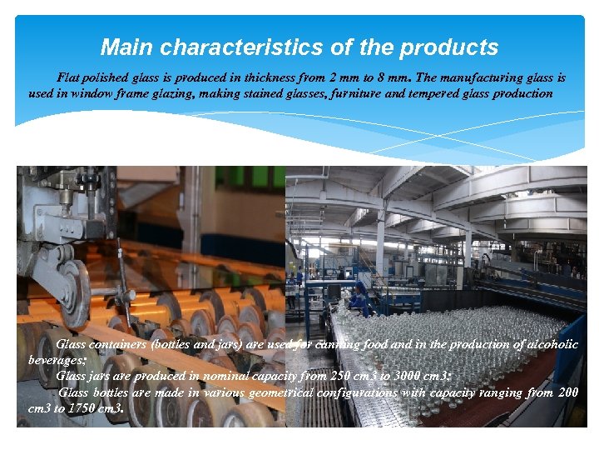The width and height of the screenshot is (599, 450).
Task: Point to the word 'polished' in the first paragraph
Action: [x=110, y=77]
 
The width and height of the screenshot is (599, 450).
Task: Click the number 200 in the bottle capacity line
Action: [x=568, y=392]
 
